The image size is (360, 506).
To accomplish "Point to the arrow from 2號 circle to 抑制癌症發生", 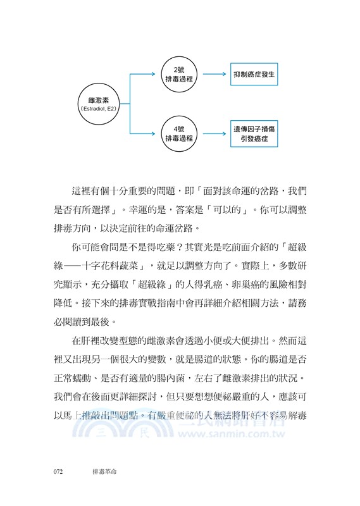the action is click(x=214, y=74).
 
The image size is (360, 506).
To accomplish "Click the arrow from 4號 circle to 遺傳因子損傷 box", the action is click(x=214, y=133).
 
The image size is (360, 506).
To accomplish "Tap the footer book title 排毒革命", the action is click(x=102, y=471).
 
